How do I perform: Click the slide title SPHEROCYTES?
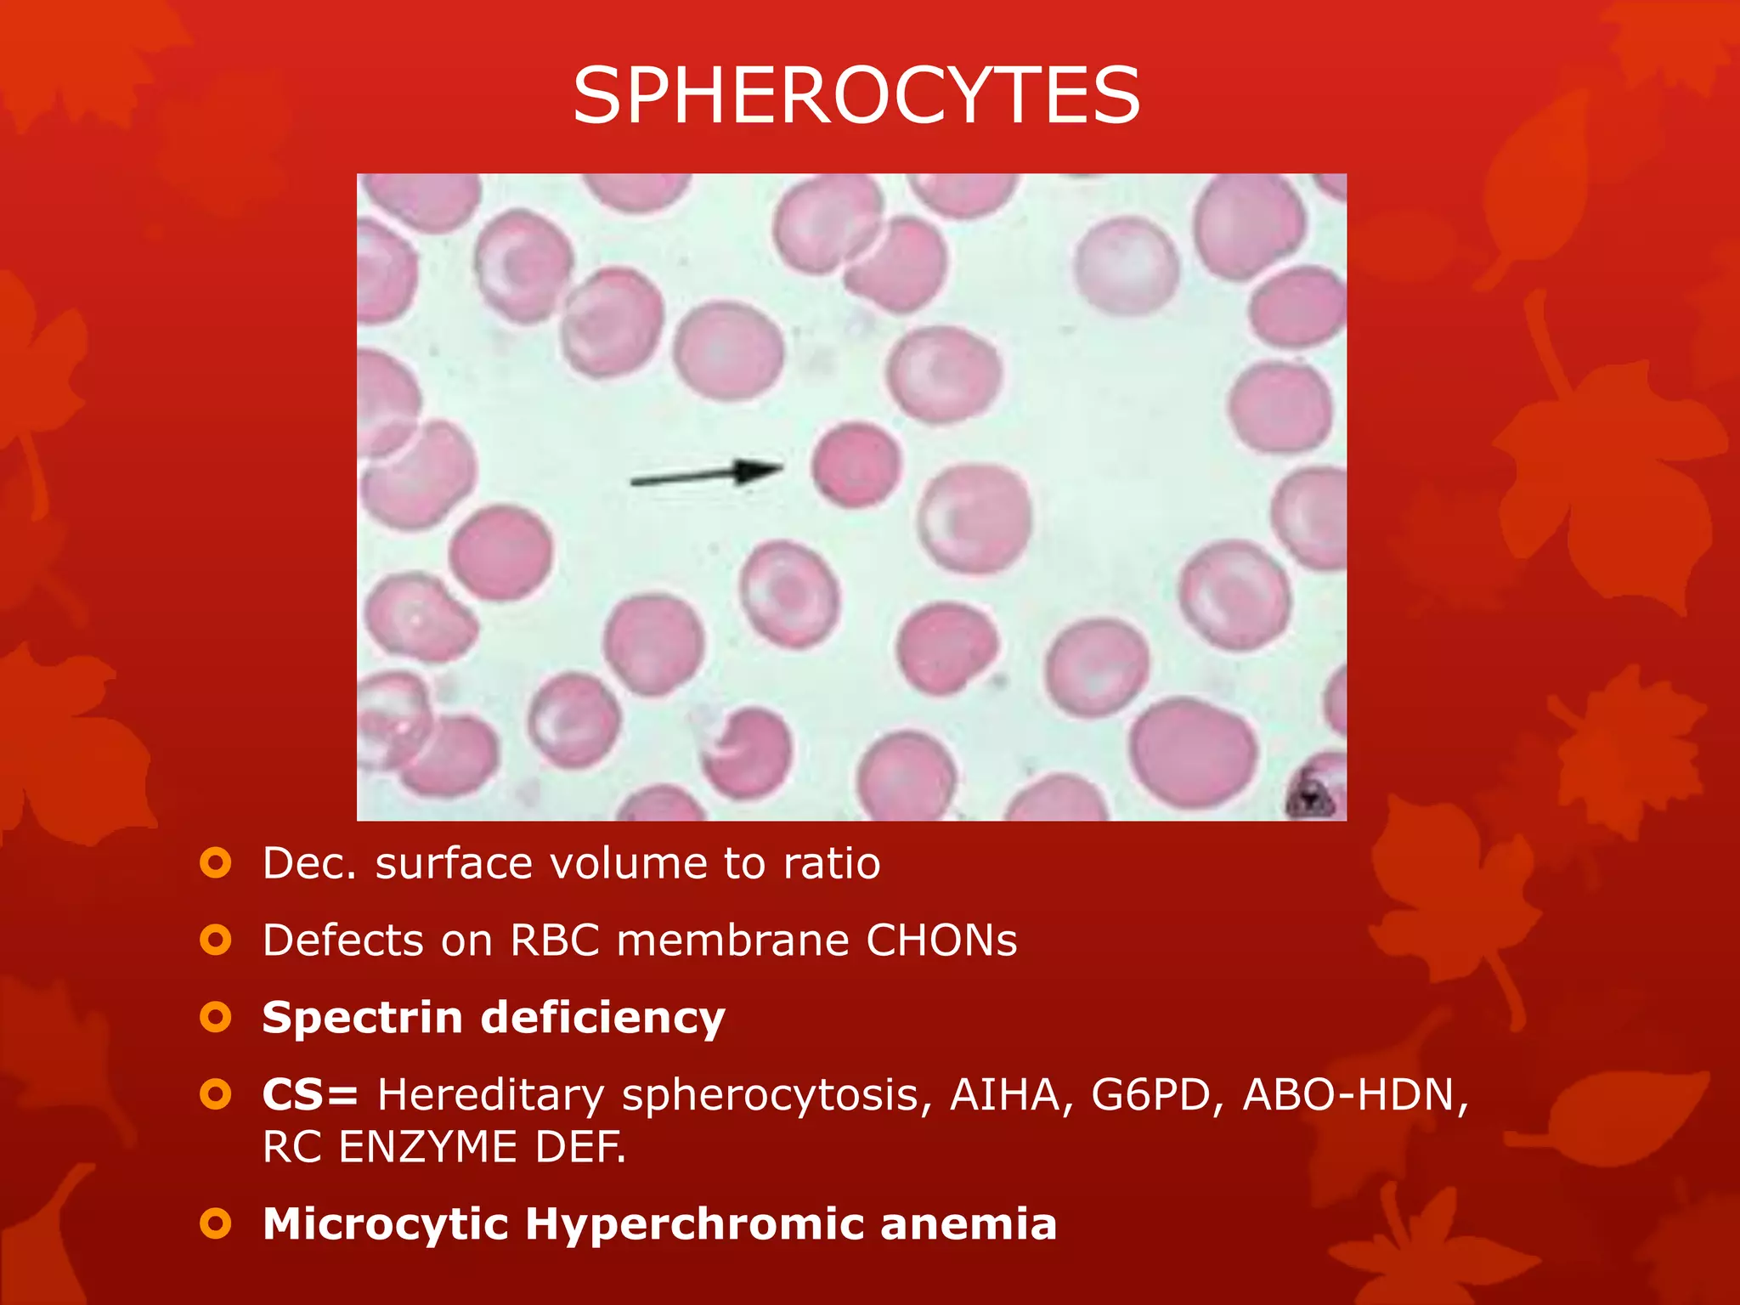856,95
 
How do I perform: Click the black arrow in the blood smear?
707,475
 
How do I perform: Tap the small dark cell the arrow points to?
856,465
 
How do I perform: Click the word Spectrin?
360,1017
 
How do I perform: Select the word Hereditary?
490,1094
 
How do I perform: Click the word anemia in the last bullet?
969,1224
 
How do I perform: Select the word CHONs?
941,941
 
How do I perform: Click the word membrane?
732,941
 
